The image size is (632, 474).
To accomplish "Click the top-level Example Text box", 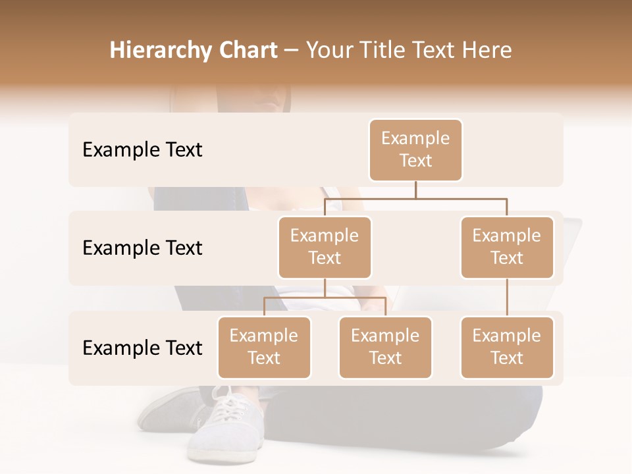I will (x=415, y=150).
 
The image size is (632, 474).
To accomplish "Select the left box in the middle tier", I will (x=325, y=248).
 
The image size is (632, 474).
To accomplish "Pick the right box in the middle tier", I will (x=507, y=248).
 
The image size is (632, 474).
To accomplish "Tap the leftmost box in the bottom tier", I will (x=264, y=348).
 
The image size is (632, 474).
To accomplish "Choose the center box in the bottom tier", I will (x=385, y=348).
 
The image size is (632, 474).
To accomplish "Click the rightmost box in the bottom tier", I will (x=507, y=348).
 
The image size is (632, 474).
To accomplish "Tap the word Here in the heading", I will (x=487, y=51).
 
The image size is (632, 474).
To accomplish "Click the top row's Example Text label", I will (x=142, y=150).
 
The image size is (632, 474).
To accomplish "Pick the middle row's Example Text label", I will (x=142, y=248).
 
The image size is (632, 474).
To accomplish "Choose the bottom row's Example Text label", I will (x=142, y=348).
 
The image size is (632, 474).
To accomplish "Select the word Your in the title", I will (x=330, y=51).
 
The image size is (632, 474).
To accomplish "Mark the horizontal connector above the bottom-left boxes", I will (x=325, y=298).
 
